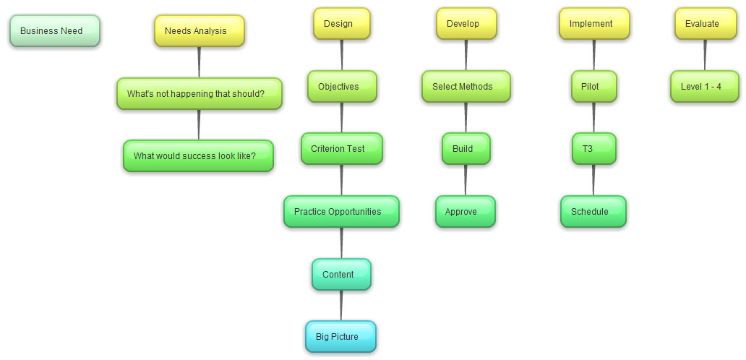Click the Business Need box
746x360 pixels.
(x=55, y=31)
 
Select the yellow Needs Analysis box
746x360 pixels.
(x=200, y=31)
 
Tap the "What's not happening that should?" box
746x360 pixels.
(x=200, y=94)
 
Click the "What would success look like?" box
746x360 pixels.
(x=199, y=156)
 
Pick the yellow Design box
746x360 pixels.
(x=342, y=24)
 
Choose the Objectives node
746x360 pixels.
(x=342, y=87)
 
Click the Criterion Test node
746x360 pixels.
(x=342, y=149)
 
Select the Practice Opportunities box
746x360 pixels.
(x=341, y=212)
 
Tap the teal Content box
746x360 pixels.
(x=342, y=275)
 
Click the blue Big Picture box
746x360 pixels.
(x=341, y=337)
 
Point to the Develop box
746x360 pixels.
(x=466, y=24)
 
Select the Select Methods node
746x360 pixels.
(x=466, y=87)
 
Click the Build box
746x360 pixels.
(x=466, y=149)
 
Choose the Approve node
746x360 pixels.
(x=466, y=212)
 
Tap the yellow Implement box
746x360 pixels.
(x=594, y=24)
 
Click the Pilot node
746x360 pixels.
(x=594, y=87)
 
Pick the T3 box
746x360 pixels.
(x=594, y=149)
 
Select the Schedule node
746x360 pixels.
(x=593, y=212)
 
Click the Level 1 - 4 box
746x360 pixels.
(x=705, y=87)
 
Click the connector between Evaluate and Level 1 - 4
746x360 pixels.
(x=705, y=55)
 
